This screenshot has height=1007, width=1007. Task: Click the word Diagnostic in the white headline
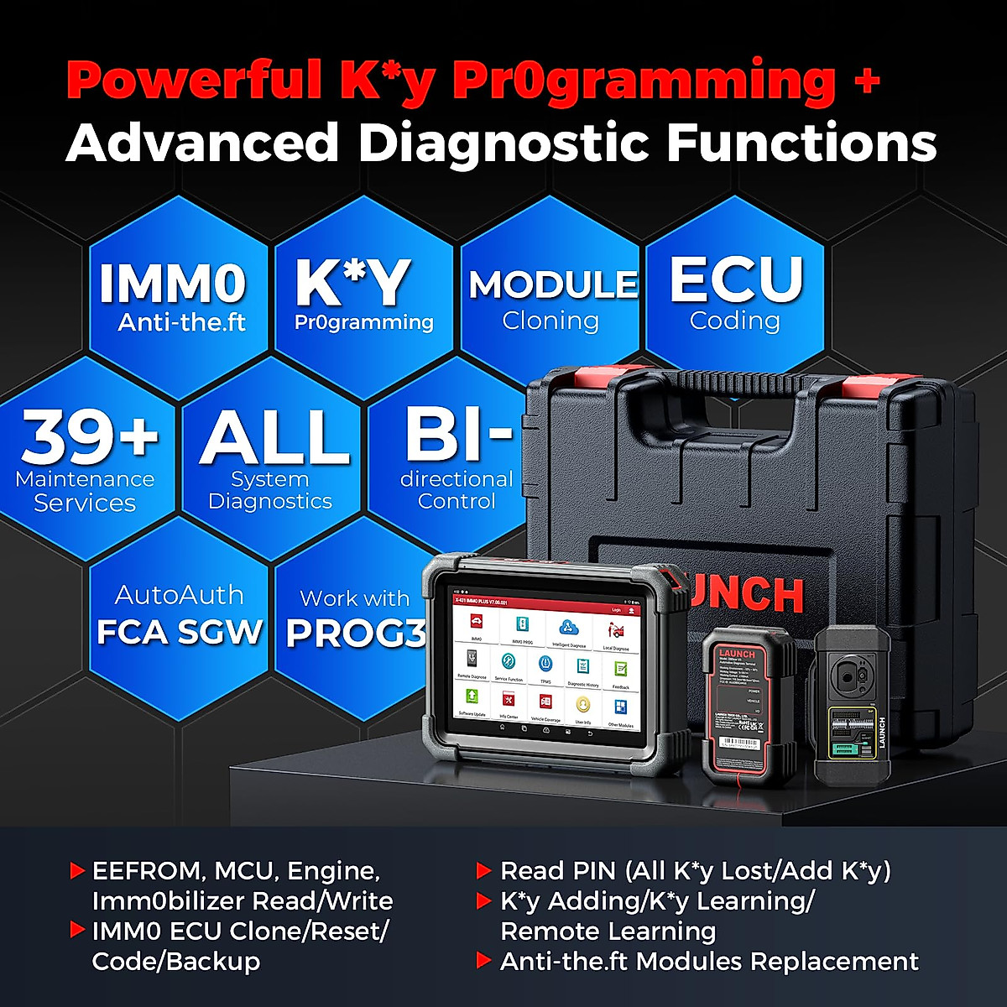(503, 143)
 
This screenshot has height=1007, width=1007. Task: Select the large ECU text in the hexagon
(736, 279)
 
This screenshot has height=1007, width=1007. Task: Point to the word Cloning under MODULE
(550, 321)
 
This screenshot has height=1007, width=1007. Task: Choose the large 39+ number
(89, 437)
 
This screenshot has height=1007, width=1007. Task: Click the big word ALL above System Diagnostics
(274, 437)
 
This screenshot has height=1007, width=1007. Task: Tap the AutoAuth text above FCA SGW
(180, 595)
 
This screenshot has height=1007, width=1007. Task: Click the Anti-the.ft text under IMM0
(181, 322)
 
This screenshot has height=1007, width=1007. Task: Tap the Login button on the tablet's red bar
(617, 610)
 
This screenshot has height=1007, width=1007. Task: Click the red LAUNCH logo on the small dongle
(736, 654)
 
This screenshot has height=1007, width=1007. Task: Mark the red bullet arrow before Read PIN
(483, 871)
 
